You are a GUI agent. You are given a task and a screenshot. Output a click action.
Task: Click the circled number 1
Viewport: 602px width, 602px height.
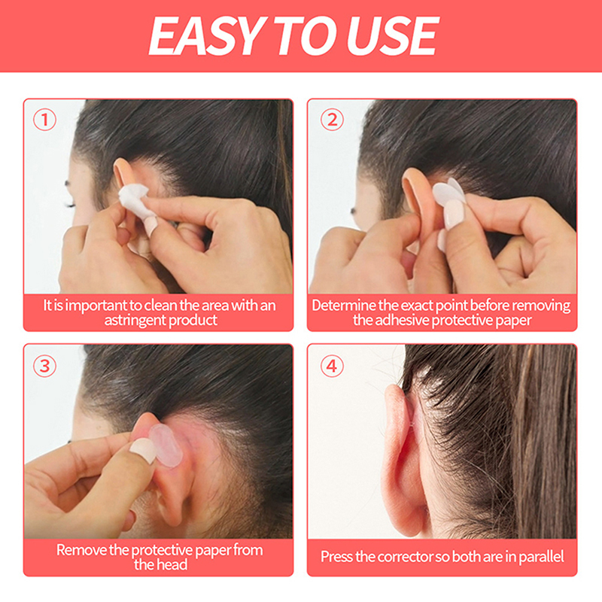coord(44,120)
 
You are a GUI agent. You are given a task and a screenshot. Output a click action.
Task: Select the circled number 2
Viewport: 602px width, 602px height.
coord(332,120)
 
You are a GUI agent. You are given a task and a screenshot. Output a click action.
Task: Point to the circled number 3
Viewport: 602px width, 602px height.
coord(44,366)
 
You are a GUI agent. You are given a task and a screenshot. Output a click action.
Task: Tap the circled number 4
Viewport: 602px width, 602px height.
coord(332,366)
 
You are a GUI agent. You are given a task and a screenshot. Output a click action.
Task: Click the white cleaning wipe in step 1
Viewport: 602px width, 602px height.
coord(134,199)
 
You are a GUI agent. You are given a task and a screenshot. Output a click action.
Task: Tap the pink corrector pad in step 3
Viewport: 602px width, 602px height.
coord(166,445)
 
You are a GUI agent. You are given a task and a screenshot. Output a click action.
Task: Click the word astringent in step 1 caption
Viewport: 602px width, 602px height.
coord(135,321)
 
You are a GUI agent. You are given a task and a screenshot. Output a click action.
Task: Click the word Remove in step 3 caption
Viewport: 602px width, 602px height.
coord(81,550)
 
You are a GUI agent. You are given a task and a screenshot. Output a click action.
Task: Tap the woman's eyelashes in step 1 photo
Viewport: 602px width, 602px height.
coord(69,205)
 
